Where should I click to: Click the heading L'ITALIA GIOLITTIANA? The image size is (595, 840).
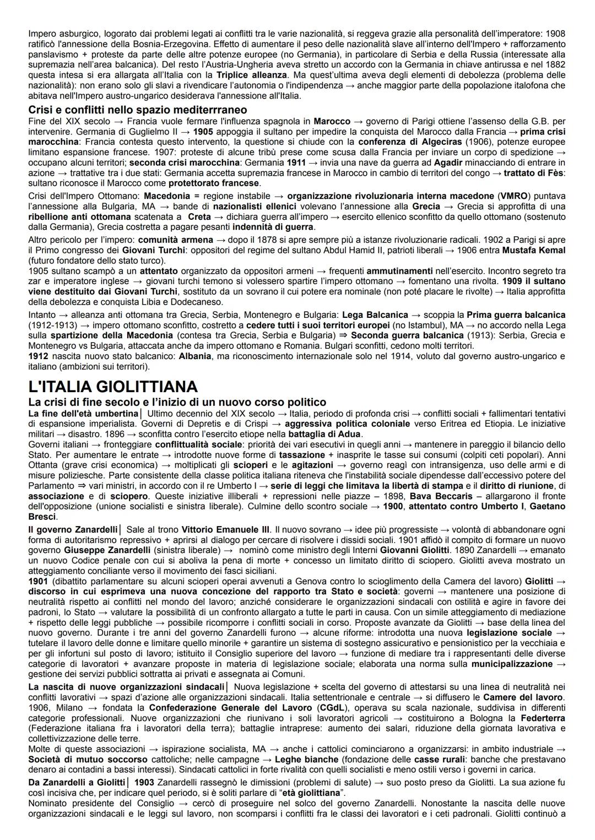[113, 386]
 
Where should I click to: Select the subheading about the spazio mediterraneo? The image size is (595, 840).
[138, 110]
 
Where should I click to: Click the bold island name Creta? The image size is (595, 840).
[199, 216]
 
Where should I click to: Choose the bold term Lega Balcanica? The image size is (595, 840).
[375, 315]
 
